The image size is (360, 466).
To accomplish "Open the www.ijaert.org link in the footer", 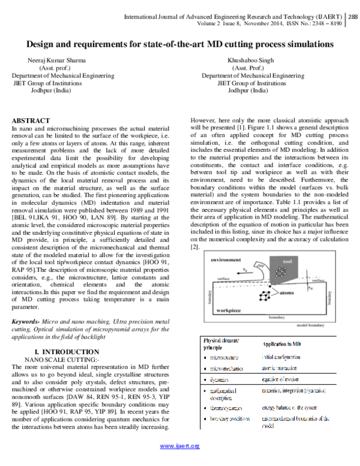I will point(180,462).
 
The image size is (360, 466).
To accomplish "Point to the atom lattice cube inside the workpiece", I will point(263,296).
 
